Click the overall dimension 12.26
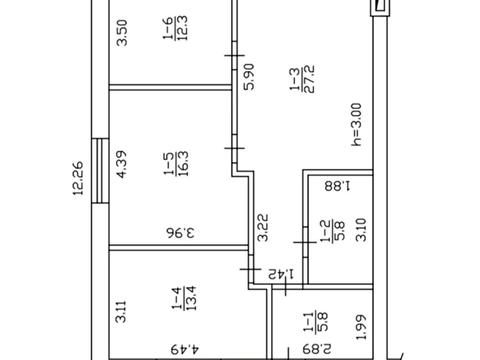point(78,178)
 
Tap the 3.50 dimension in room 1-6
point(122,33)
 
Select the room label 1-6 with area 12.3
point(175,28)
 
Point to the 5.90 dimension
point(249,77)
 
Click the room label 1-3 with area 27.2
point(302,79)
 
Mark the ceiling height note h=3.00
point(356,125)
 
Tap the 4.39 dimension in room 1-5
point(122,164)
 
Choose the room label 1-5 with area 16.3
point(176,163)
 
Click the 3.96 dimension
point(180,232)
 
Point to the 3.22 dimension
point(262,227)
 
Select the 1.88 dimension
point(337,185)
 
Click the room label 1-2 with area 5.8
point(332,230)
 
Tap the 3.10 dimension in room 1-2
point(361,230)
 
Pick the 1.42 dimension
point(281,274)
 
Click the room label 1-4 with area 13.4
point(184,298)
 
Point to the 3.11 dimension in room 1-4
point(121,312)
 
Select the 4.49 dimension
point(185,349)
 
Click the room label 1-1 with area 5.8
point(316,322)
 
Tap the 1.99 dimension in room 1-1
point(361,327)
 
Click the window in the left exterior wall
point(100,171)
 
